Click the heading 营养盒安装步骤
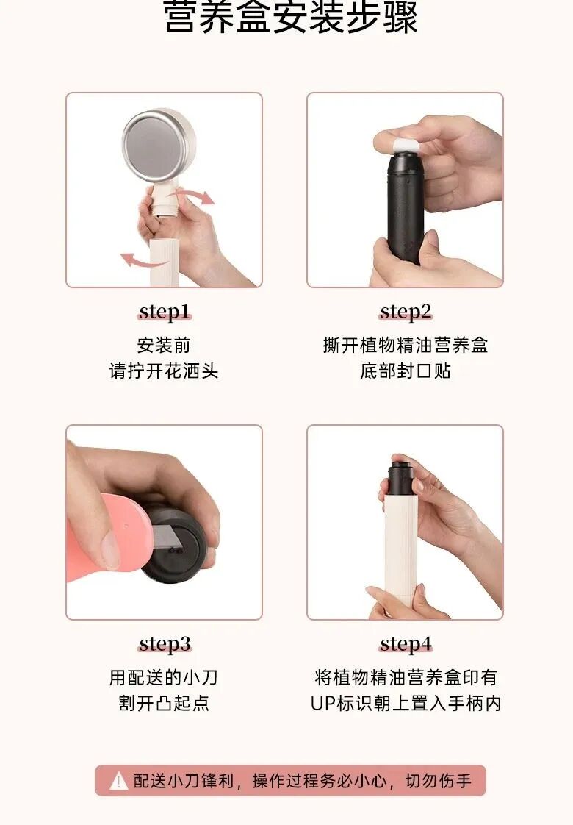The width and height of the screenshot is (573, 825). click(291, 17)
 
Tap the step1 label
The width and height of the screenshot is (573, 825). click(165, 312)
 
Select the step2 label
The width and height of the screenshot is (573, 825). click(406, 312)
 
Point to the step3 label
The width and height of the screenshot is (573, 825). click(165, 643)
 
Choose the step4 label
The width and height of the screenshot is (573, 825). click(406, 643)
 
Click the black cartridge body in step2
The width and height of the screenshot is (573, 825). click(404, 208)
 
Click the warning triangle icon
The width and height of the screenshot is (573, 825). click(118, 781)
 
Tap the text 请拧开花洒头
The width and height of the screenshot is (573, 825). click(164, 371)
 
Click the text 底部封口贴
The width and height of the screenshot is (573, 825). click(406, 371)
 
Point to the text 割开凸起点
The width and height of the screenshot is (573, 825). click(164, 703)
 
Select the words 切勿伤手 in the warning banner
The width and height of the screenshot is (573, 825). click(438, 781)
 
